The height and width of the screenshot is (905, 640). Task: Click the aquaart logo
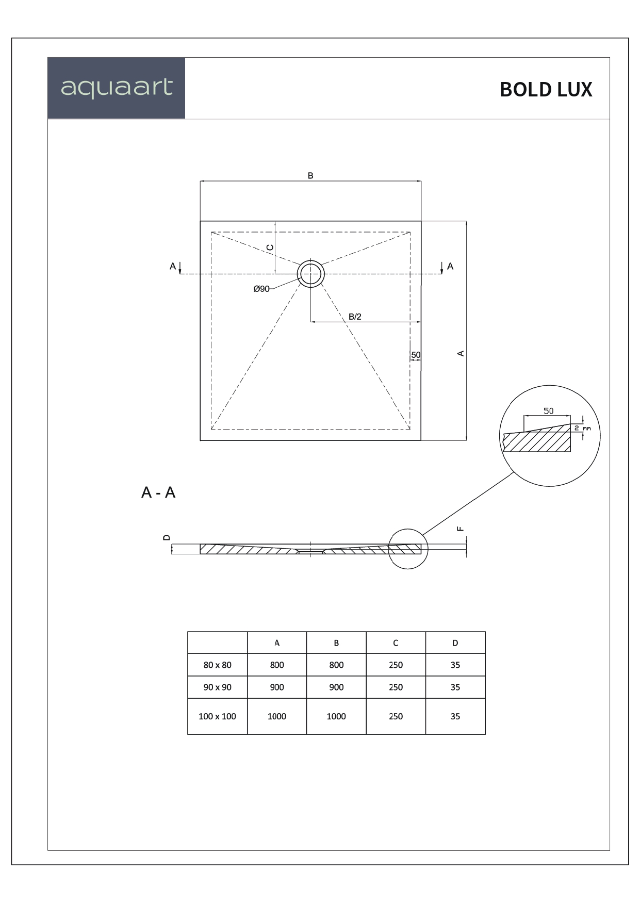point(117,88)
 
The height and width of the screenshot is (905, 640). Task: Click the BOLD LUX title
point(546,90)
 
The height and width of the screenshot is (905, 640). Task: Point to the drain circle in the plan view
point(310,273)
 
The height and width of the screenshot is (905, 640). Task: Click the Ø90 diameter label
point(261,289)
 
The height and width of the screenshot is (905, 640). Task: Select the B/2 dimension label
point(355,317)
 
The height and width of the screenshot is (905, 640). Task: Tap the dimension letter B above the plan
point(310,176)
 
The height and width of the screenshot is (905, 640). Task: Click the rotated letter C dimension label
point(270,248)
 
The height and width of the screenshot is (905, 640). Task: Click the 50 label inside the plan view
point(416,355)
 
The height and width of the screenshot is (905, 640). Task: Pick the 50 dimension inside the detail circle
point(548,411)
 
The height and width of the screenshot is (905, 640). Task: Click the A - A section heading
point(158,492)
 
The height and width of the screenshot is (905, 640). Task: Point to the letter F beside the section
point(461,529)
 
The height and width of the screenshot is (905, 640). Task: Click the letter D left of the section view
point(166,537)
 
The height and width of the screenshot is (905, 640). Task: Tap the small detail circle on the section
point(407,549)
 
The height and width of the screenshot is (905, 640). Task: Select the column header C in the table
point(396,643)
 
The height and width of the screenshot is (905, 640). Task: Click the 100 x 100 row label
point(217,716)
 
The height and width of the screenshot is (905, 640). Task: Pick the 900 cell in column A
point(277,687)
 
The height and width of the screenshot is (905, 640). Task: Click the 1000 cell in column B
point(336,716)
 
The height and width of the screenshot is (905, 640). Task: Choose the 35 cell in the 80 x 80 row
point(455,665)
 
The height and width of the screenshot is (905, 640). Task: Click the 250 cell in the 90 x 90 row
point(396,687)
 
